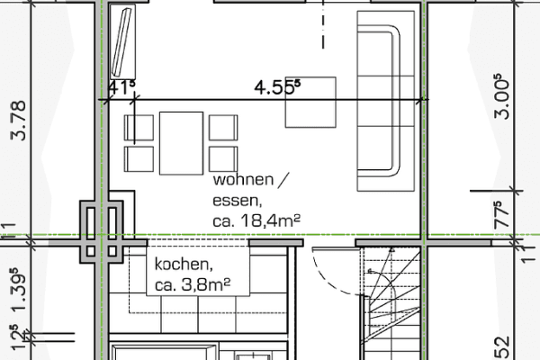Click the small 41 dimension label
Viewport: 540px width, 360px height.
coord(121,87)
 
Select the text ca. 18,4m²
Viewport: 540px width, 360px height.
coord(255,219)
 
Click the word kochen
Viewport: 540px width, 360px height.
coord(184,265)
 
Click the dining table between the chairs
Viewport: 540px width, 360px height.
coord(181,142)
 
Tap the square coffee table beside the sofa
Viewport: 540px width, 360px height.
coord(310,103)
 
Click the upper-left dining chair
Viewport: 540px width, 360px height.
coord(139,127)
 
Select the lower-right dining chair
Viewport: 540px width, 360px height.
coord(221,158)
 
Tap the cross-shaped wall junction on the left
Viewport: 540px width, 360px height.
coord(101,232)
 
